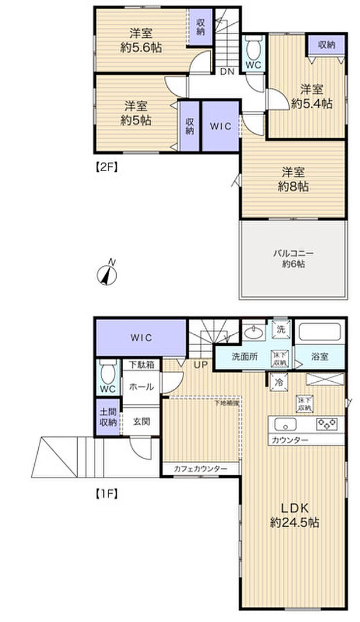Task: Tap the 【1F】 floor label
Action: click(106, 494)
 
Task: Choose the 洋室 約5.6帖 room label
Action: click(141, 41)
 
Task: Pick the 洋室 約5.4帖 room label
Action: click(311, 96)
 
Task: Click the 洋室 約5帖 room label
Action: click(136, 113)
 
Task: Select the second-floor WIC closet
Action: click(220, 126)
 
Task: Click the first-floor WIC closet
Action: click(141, 337)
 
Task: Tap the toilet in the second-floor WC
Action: click(253, 46)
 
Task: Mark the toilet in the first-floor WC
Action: click(107, 371)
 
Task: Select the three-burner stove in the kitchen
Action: click(327, 424)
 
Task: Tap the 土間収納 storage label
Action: click(107, 417)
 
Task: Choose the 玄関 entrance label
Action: click(142, 421)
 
